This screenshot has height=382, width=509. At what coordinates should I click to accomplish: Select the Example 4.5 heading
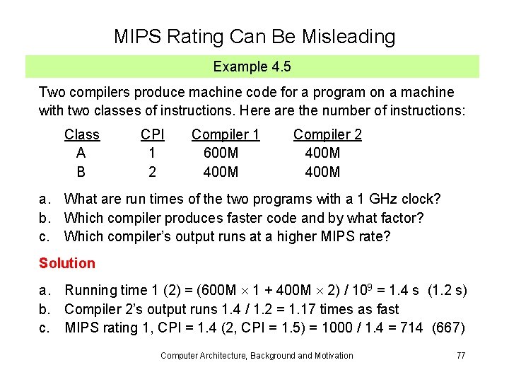tap(252, 67)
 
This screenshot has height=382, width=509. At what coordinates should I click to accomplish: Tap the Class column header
tap(82, 134)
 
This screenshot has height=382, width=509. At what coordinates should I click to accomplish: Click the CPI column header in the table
tap(152, 134)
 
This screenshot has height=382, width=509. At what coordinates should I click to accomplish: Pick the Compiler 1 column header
tap(226, 134)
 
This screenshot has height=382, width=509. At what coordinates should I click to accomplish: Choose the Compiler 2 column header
tap(327, 134)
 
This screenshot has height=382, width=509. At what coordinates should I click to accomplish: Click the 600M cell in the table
tap(221, 153)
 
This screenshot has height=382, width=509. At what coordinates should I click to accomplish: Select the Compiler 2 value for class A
tap(322, 153)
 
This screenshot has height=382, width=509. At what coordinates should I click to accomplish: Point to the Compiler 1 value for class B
tap(221, 172)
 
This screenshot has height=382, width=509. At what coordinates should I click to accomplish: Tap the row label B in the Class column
tap(81, 172)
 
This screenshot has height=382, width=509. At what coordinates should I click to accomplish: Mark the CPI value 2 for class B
tap(152, 172)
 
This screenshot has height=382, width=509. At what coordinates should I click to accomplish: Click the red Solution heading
tap(66, 263)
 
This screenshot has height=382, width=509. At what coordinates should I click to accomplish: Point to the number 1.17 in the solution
tap(305, 309)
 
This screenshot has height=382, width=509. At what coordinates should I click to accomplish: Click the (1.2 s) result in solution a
tap(447, 290)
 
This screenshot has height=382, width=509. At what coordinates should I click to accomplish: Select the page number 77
tap(460, 355)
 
